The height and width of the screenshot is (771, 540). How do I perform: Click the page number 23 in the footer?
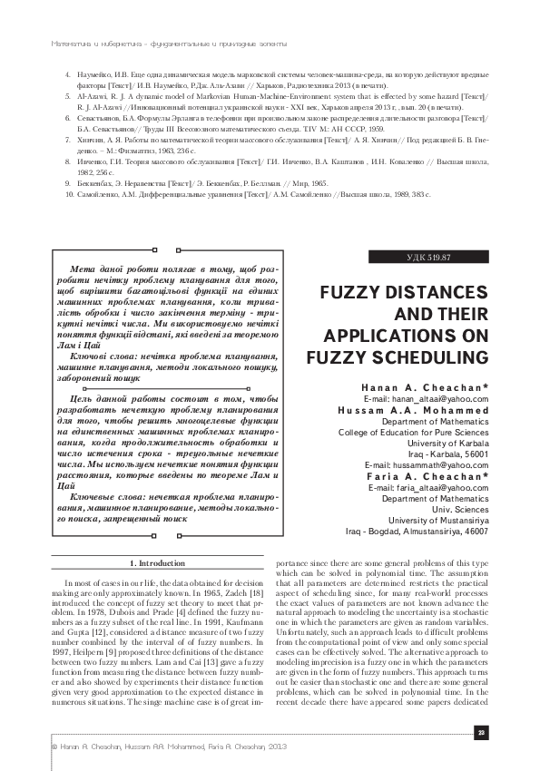(482, 732)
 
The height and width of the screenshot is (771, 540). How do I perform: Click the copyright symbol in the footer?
(31, 746)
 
